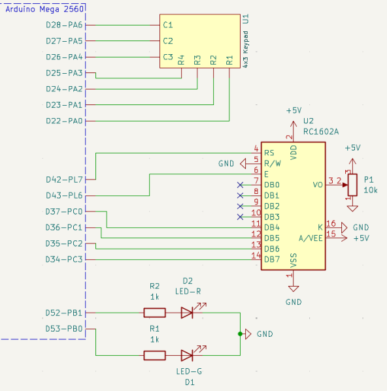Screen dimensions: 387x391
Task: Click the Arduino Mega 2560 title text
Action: (44, 9)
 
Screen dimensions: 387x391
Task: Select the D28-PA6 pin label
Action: (64, 25)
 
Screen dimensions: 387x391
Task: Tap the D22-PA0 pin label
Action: (64, 121)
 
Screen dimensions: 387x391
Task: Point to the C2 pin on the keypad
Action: (168, 41)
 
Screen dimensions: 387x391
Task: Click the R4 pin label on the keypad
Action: (181, 60)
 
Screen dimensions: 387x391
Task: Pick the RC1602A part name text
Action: (321, 131)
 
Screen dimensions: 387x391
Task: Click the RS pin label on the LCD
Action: (269, 153)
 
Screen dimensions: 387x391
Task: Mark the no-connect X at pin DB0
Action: (240, 185)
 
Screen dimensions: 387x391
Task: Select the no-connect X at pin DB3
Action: (240, 217)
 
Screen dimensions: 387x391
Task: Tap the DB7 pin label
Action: (272, 260)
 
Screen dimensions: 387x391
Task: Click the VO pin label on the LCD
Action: (318, 185)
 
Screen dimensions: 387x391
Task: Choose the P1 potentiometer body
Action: (352, 185)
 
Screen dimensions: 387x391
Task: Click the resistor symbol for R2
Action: (154, 313)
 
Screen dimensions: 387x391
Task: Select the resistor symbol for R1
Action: (154, 355)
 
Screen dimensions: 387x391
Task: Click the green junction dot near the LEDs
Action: (240, 334)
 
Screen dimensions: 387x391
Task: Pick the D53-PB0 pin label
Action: (64, 328)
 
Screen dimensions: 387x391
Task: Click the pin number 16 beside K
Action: (331, 223)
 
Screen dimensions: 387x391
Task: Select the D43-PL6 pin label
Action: (64, 196)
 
